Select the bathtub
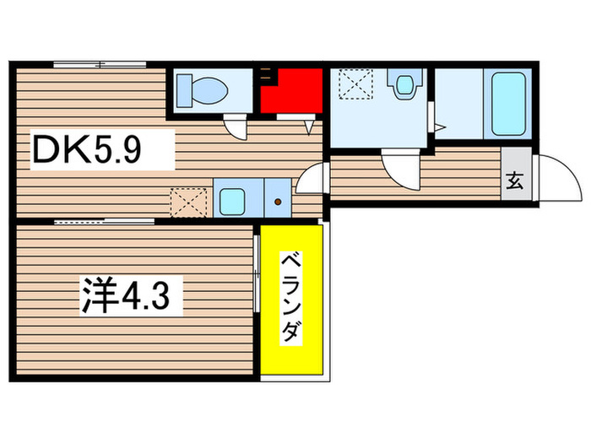pos(507,104)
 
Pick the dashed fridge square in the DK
pos(184,201)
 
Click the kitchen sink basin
pos(231,200)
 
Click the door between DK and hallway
pos(312,179)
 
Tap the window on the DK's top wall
pos(100,64)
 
